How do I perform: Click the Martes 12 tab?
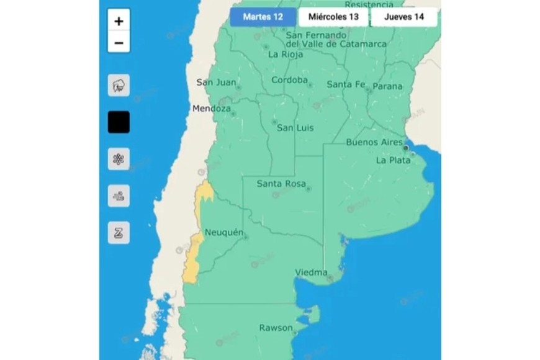tap(263, 17)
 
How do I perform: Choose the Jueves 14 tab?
tap(404, 17)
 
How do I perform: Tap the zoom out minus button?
tap(119, 43)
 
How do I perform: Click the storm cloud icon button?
tap(119, 86)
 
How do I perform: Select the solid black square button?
tap(119, 122)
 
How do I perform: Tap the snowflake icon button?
tap(119, 159)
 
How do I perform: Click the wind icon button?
tap(119, 196)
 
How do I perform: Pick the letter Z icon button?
tap(119, 233)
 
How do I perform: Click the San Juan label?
tap(216, 83)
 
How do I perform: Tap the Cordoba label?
tap(289, 80)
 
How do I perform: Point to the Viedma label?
tap(311, 272)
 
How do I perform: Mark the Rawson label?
tap(276, 328)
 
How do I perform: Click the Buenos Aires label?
tap(374, 142)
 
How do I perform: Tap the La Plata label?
tap(393, 160)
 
